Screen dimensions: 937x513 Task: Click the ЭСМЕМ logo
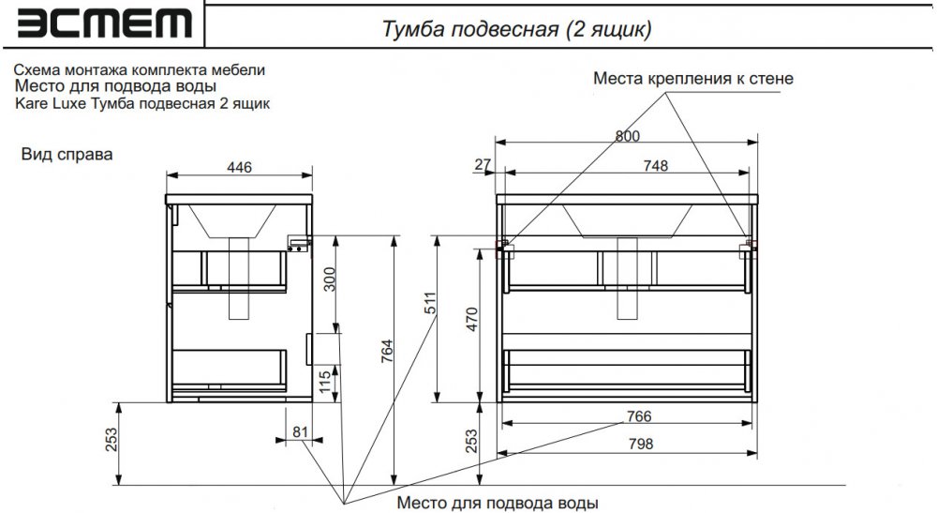click(x=105, y=24)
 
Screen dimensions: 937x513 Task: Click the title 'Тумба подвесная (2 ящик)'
click(x=516, y=28)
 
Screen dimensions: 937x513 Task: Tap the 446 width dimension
click(x=239, y=167)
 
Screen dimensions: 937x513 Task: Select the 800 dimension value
click(x=628, y=136)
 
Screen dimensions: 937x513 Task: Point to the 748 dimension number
click(x=656, y=166)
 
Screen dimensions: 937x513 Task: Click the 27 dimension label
click(x=483, y=164)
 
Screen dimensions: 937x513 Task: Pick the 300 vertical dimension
click(x=329, y=279)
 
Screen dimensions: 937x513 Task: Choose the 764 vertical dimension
click(x=387, y=352)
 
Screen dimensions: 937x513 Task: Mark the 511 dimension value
click(x=431, y=303)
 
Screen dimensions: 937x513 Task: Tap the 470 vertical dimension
click(x=472, y=320)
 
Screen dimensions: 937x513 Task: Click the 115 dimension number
click(x=324, y=382)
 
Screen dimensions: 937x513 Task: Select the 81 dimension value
click(x=300, y=431)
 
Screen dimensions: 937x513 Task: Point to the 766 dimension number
click(x=639, y=416)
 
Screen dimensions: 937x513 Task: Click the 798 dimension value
click(x=641, y=444)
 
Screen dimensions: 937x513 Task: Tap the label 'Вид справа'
click(x=67, y=154)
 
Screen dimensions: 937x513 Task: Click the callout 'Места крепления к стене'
click(x=693, y=79)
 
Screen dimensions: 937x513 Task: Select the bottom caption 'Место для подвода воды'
click(x=498, y=503)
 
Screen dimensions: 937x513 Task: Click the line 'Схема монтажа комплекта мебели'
click(x=140, y=70)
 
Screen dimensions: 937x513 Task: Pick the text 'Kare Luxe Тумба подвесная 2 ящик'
click(x=142, y=103)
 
